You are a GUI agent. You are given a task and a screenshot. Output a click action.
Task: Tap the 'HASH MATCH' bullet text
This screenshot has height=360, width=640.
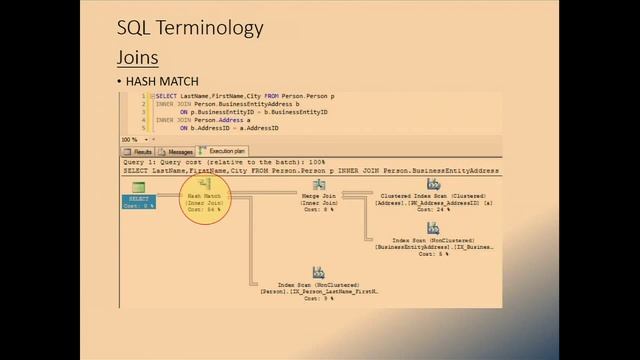161,81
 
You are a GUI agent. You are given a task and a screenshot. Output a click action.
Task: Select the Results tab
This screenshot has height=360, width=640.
139,152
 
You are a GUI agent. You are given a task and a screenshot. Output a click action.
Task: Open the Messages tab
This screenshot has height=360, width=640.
177,152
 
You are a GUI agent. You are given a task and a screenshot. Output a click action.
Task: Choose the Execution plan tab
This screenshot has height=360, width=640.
222,152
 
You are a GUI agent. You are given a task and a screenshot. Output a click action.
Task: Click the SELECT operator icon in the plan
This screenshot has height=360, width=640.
138,188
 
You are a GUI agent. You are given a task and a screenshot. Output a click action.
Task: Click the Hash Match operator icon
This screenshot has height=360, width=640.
205,184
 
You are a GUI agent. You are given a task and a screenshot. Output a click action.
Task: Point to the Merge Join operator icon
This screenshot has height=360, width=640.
319,185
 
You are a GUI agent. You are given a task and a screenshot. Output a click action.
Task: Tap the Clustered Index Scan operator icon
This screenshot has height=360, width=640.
433,184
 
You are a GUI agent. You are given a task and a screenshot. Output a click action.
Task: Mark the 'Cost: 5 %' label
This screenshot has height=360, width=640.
433,253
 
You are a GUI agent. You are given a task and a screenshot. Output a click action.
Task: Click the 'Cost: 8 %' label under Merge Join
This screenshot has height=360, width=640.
319,209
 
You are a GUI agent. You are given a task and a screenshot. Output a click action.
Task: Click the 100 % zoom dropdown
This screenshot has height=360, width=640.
131,140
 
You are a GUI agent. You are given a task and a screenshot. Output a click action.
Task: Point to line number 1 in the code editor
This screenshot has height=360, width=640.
144,96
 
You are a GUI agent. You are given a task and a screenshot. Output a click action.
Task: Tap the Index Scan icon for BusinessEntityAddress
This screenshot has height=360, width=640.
433,228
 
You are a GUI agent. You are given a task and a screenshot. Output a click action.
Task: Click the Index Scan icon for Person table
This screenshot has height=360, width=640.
318,272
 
